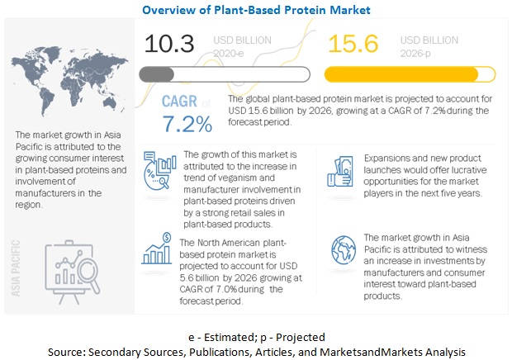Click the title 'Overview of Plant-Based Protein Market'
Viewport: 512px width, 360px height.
tap(256, 10)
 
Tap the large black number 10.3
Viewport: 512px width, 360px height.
tap(169, 44)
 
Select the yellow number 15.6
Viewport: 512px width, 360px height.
tap(353, 44)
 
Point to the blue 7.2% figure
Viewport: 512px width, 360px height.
tap(187, 124)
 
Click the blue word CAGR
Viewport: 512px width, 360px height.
tap(179, 102)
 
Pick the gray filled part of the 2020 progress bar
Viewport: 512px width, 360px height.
tap(157, 75)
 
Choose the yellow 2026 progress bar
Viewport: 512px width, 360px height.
tap(410, 74)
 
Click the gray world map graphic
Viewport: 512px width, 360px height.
tap(69, 81)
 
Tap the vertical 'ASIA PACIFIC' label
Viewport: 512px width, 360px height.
tap(16, 268)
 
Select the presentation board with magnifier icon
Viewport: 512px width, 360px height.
tap(73, 272)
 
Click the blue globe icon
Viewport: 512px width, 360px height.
tap(344, 250)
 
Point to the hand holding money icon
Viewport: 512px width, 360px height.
tap(340, 172)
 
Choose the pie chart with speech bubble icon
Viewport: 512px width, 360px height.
tap(159, 170)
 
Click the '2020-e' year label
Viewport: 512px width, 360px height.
tap(229, 53)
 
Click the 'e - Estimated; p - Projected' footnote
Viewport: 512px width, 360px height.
tap(257, 337)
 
